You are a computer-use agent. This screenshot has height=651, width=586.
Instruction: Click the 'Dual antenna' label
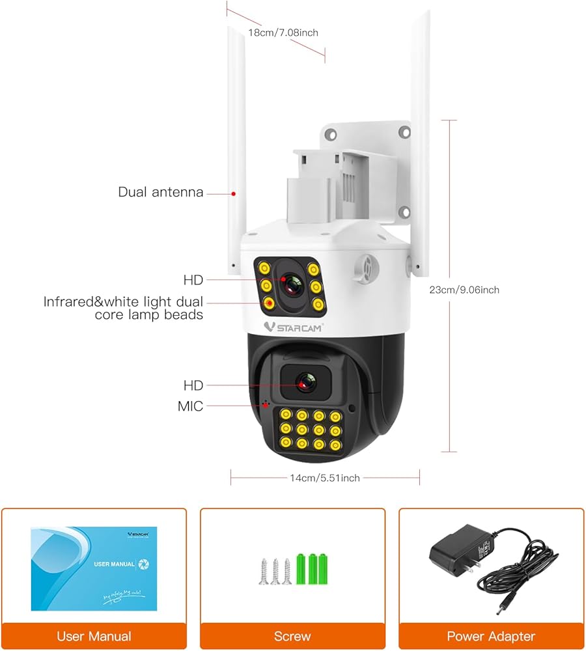(160, 192)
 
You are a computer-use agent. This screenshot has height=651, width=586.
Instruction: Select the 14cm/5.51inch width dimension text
(325, 478)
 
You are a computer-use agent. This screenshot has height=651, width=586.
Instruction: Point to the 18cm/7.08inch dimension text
(283, 32)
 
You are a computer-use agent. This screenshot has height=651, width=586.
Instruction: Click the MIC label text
(190, 406)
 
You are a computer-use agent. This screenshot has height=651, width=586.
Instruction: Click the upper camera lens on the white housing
(289, 283)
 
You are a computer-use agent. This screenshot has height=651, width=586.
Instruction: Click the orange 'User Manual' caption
(94, 636)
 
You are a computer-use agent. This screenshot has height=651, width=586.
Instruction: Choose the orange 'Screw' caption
(292, 636)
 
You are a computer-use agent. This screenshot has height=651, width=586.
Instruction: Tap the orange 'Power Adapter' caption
(491, 636)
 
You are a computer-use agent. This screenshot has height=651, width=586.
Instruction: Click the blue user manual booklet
(94, 569)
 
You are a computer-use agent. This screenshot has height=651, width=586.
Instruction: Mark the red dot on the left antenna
(233, 193)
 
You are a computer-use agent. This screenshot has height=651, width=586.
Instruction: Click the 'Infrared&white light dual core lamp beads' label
(123, 308)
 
